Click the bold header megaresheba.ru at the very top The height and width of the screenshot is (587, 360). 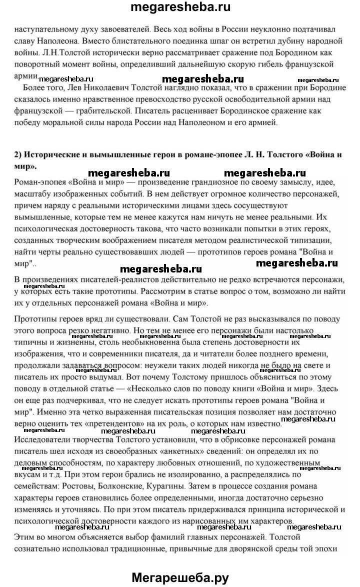tap(180, 7)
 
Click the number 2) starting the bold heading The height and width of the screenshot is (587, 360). tap(18, 154)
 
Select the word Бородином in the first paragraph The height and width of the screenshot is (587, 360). tap(279, 52)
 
